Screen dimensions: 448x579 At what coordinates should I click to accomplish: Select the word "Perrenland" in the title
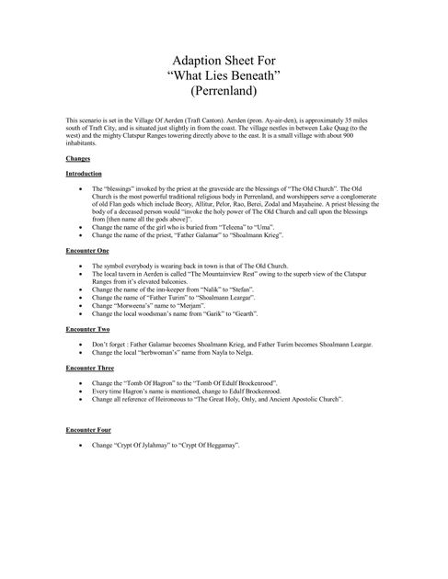click(x=224, y=92)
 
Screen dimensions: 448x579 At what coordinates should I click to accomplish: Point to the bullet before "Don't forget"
click(x=84, y=342)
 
